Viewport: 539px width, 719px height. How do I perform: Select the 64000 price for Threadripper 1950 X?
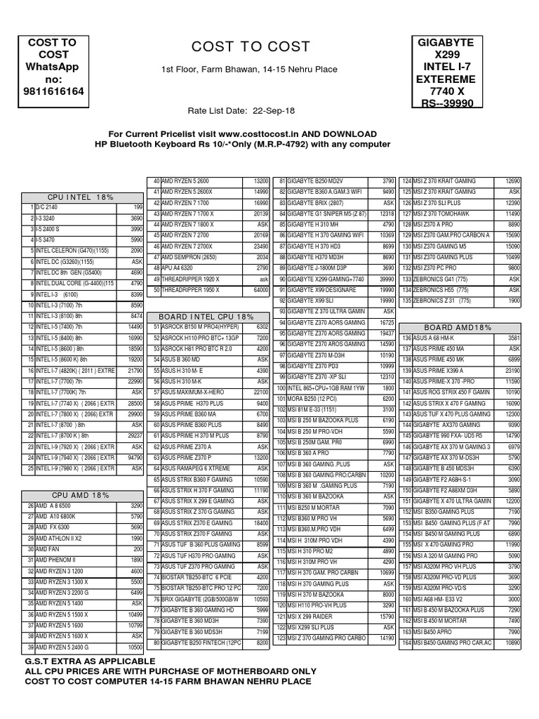(261, 289)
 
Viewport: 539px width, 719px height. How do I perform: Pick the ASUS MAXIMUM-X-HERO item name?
(193, 391)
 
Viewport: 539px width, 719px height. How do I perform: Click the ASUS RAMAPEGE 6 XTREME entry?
(196, 468)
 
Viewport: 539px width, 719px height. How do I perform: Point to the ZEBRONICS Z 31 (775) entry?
(441, 300)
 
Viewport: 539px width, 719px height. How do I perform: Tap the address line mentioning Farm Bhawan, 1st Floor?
(249, 70)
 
